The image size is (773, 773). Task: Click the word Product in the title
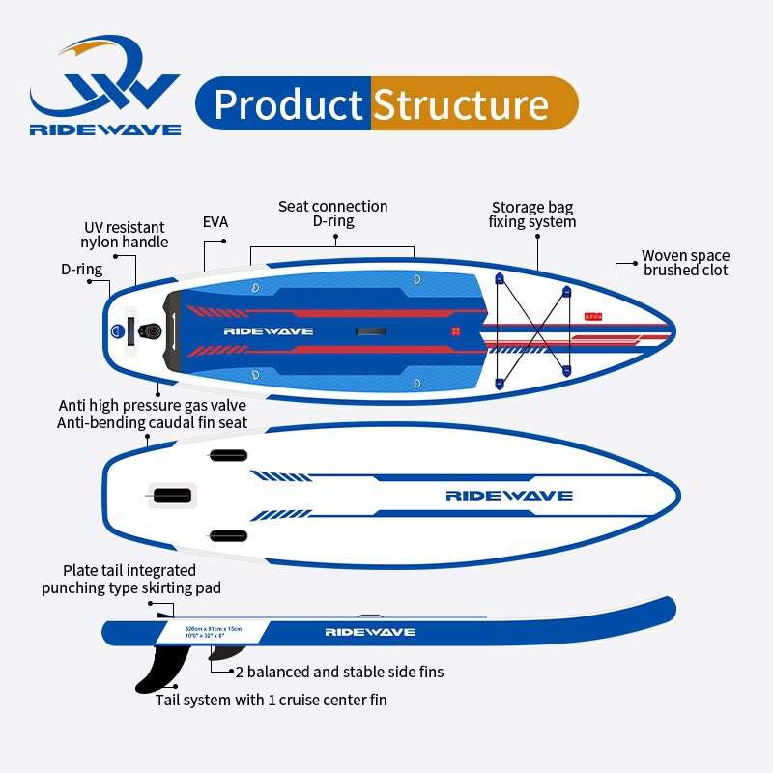click(287, 104)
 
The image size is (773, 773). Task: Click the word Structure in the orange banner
click(460, 104)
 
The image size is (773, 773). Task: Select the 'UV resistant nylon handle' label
click(125, 235)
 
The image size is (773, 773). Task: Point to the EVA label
click(215, 221)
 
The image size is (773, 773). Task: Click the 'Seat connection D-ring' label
click(333, 214)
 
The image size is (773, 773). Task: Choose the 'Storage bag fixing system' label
click(533, 215)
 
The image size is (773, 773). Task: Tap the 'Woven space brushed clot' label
click(685, 263)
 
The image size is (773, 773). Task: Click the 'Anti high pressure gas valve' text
click(153, 406)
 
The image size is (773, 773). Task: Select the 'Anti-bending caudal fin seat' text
click(153, 422)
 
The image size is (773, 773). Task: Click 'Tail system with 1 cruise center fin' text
click(272, 699)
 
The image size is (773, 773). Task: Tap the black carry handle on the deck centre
click(371, 330)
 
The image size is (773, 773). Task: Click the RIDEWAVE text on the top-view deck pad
click(269, 330)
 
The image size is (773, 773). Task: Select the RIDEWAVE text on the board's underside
click(509, 496)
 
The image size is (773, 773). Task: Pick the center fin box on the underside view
click(173, 496)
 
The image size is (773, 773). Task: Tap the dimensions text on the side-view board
click(215, 631)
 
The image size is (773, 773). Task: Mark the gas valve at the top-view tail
click(152, 330)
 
